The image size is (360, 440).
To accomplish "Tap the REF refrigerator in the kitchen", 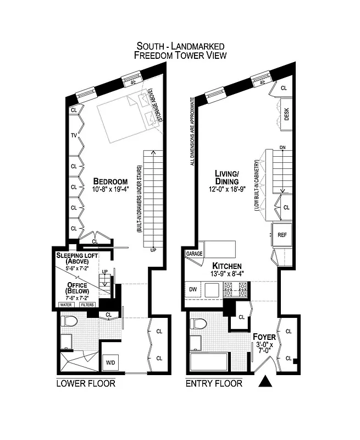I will pos(282,233).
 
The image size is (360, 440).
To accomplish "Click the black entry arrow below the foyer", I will pos(265,381).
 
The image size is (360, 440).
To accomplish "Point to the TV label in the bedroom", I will pos(73,135).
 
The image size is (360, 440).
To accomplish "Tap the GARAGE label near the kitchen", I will pos(195,254).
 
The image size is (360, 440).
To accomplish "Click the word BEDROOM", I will pos(110,182).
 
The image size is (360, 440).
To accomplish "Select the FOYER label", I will pos(264,337).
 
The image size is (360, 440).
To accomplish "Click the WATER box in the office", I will pos(67,304).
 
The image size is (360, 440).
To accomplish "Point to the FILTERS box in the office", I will pos(87,304).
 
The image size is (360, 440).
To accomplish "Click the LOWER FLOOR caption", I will pos(86,383).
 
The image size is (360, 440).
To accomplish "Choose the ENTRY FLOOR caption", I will pos(214,383).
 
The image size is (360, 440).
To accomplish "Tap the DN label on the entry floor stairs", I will pos(283,148).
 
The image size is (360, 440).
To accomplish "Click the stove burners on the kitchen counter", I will pos(235,287).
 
